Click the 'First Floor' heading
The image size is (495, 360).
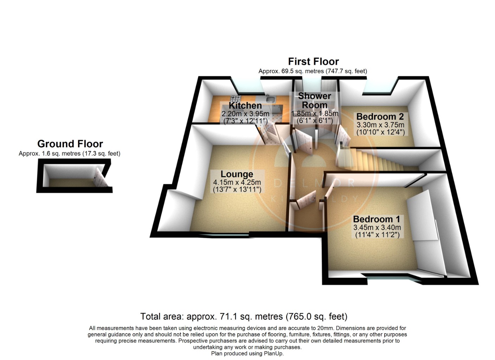pyautogui.click(x=313, y=62)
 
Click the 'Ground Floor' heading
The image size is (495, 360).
pyautogui.click(x=70, y=144)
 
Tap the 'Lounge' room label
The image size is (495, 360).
pyautogui.click(x=237, y=174)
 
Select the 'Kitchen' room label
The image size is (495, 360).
pyautogui.click(x=245, y=105)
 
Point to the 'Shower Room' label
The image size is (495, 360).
pyautogui.click(x=314, y=101)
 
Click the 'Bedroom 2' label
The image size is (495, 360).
pyautogui.click(x=380, y=117)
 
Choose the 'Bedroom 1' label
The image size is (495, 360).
pyautogui.click(x=376, y=219)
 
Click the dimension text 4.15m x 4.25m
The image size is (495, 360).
pyautogui.click(x=237, y=182)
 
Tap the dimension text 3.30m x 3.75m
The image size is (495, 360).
pyautogui.click(x=380, y=125)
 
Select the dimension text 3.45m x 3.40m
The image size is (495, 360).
pyautogui.click(x=377, y=227)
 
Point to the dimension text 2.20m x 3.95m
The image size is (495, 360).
pyautogui.click(x=245, y=114)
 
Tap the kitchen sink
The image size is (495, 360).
pyautogui.click(x=271, y=99)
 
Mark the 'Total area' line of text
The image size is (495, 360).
pyautogui.click(x=244, y=316)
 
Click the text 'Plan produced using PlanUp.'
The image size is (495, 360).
pyautogui.click(x=247, y=354)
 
